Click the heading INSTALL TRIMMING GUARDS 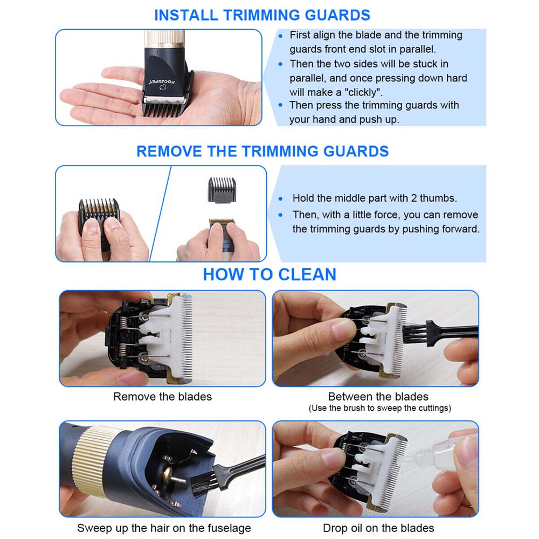coord(262,15)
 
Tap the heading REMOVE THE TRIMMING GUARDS coord(262,151)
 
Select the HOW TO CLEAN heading coord(269,274)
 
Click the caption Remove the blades coord(163,397)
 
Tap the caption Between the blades coord(378,397)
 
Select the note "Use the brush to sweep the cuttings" coord(380,408)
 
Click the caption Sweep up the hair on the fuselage coord(164,528)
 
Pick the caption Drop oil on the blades coord(378,528)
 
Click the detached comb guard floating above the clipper coord(222,190)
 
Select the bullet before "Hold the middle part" coord(280,199)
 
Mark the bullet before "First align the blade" coord(280,36)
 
